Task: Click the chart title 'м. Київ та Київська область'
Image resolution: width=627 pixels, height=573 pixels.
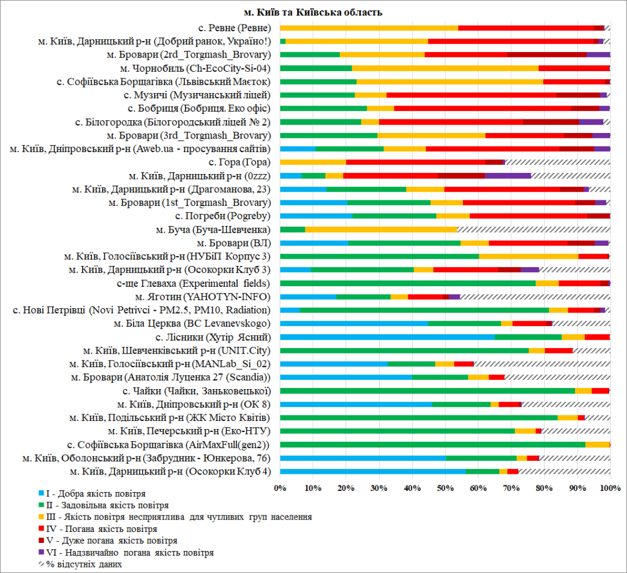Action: [313, 12]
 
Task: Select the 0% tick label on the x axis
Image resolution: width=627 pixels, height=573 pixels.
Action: [280, 488]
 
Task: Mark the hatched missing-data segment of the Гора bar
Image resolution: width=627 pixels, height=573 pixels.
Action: [557, 162]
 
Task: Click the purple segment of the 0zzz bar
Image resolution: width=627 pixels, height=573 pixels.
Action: [508, 175]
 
